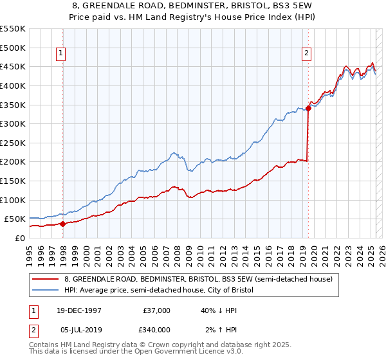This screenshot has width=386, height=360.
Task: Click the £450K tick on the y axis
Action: tap(13, 66)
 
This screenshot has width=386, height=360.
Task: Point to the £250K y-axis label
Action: tap(13, 143)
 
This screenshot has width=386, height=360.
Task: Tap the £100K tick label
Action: tap(13, 200)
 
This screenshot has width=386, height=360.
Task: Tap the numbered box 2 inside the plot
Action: tap(307, 53)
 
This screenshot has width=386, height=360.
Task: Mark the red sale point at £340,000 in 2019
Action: tap(308, 109)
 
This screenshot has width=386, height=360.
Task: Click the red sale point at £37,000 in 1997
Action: tap(63, 224)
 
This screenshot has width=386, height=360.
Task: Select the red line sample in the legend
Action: tap(45, 279)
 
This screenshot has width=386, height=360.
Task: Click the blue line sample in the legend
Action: tap(45, 291)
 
